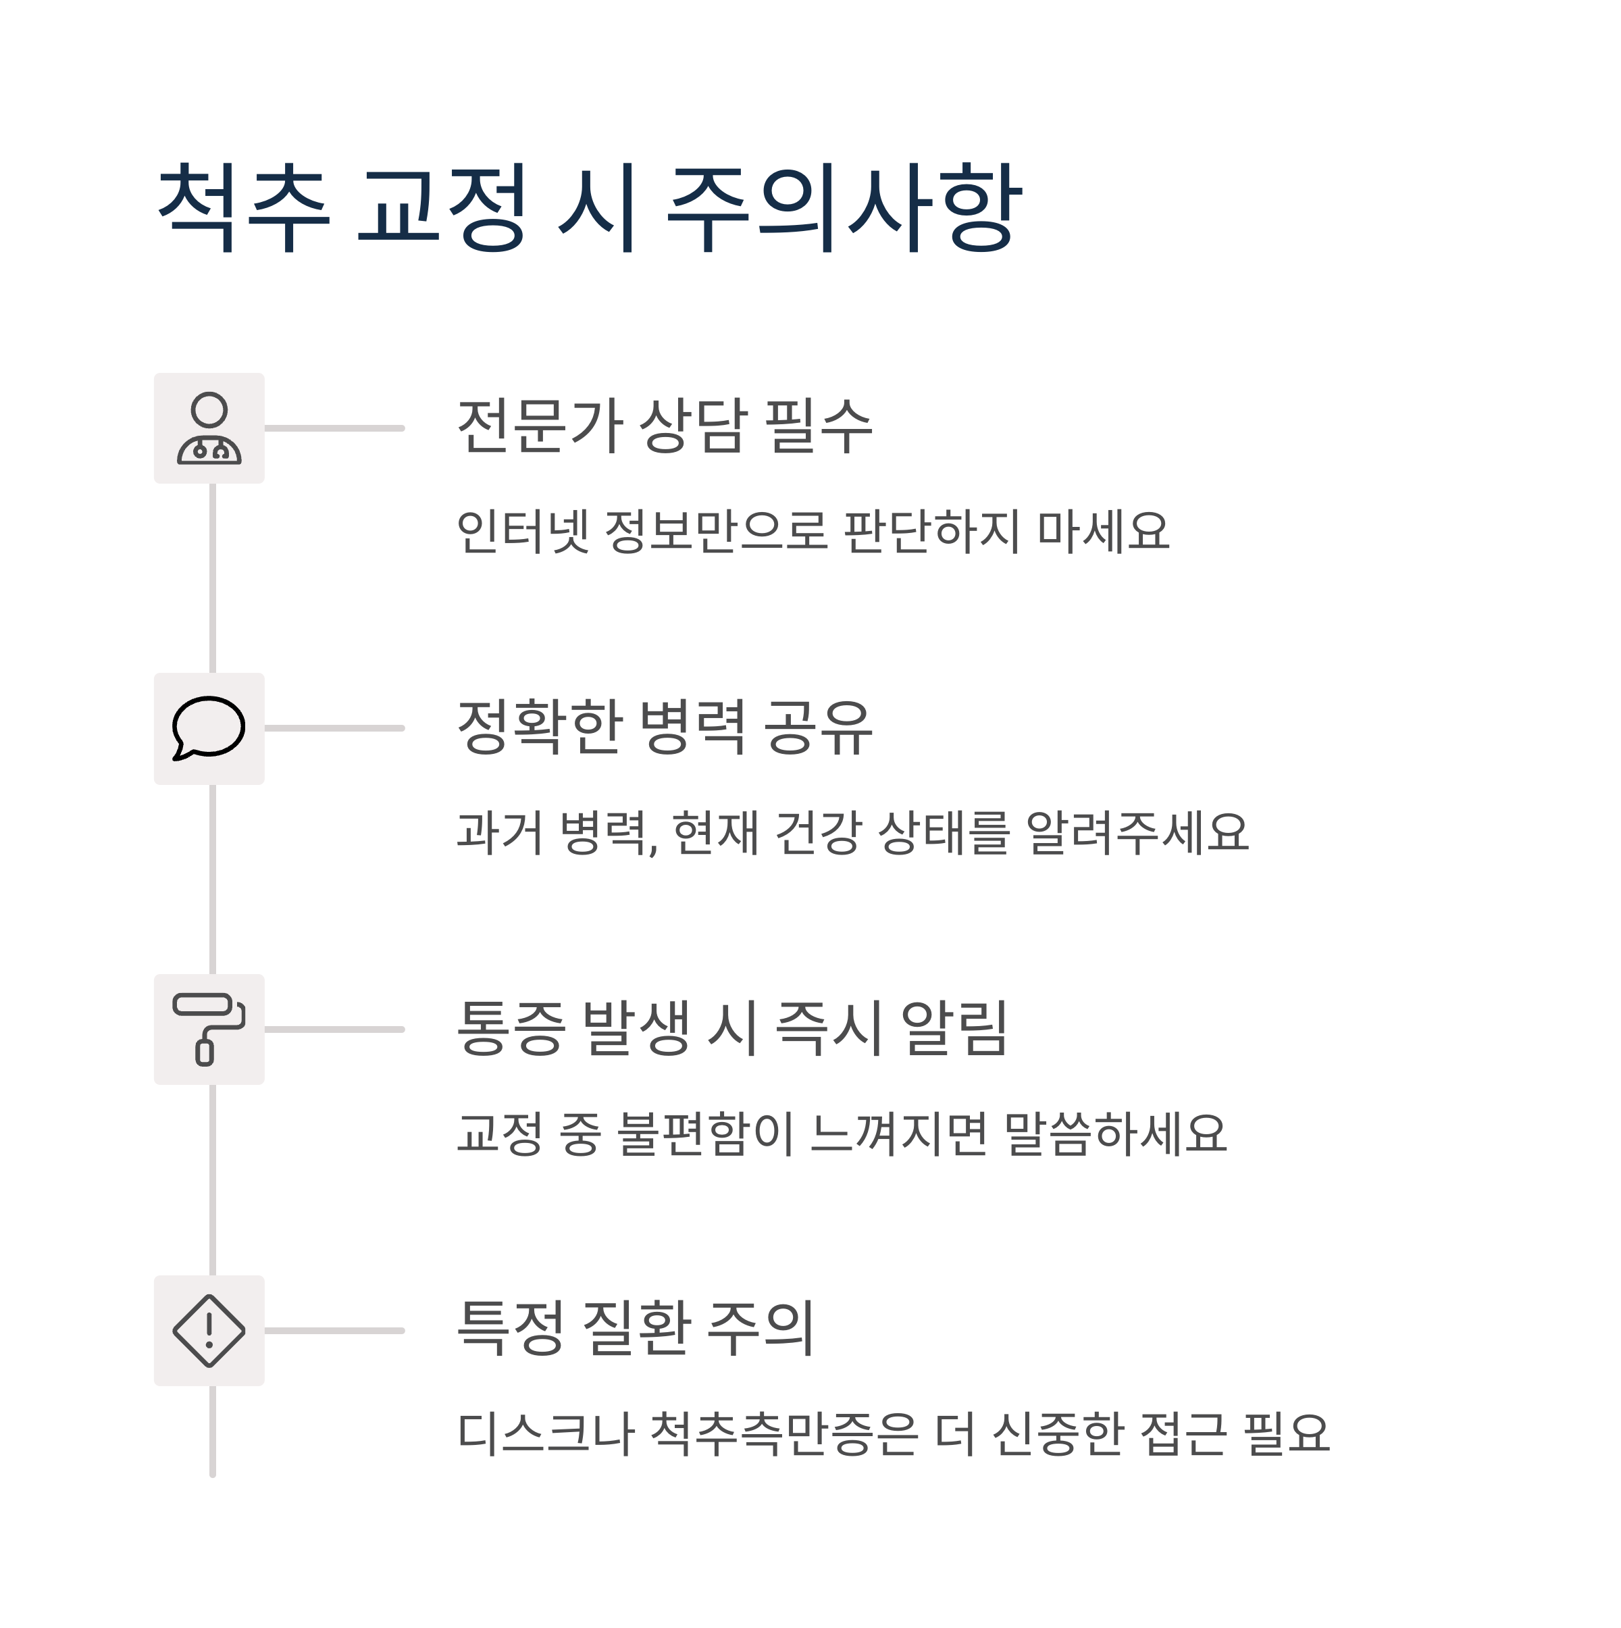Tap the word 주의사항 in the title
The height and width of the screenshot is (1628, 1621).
point(844,207)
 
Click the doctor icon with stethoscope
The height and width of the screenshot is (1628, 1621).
point(209,429)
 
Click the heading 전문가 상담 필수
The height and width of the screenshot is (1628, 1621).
point(664,426)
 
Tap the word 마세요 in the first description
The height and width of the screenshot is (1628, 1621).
point(1103,532)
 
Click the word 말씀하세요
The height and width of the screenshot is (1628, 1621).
point(1116,1134)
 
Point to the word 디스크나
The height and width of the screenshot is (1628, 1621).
point(545,1435)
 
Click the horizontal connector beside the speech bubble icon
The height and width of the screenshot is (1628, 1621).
point(334,729)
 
